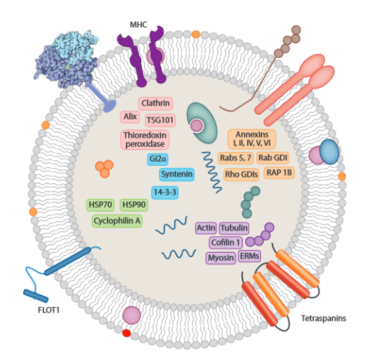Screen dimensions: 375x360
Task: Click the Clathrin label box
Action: coord(156,103)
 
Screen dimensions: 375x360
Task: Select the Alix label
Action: coord(130,117)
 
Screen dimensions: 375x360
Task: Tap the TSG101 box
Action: coord(160,120)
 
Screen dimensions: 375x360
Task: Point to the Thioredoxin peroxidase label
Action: coord(145,140)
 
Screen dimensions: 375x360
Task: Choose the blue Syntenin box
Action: coord(177,175)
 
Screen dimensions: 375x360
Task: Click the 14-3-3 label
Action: coord(165,192)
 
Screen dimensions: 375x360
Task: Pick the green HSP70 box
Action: coord(101,205)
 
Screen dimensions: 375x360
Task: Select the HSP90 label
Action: coord(134,205)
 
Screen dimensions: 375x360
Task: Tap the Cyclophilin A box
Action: coord(117,221)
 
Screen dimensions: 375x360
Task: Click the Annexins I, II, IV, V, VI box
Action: coord(252,139)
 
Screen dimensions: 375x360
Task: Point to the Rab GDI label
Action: coord(272,158)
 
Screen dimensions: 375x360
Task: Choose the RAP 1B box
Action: coord(279,173)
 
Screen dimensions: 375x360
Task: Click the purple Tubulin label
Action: coord(234,228)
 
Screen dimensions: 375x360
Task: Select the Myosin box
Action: coord(221,258)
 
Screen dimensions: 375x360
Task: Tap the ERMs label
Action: coord(249,256)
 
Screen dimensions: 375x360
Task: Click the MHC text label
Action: coord(139,24)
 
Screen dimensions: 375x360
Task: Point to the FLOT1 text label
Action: coord(49,310)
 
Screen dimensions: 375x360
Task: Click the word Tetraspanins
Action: coord(323,319)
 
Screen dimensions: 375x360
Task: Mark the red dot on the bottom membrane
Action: coord(126,333)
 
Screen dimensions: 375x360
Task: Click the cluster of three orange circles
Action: coord(105,168)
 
